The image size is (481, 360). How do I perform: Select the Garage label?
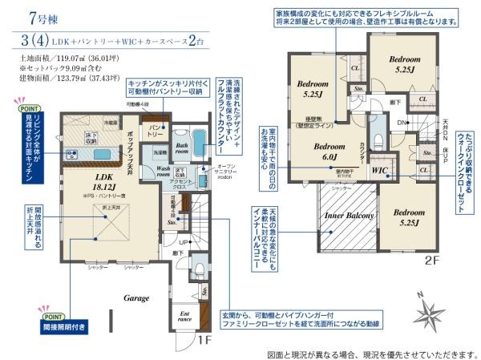[135, 298]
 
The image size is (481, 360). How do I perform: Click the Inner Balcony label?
[347, 216]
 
